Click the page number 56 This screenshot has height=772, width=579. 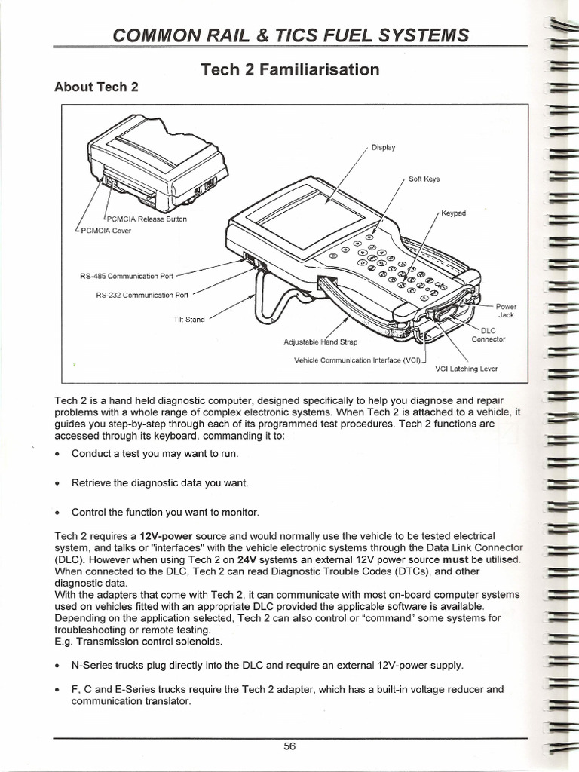(289, 746)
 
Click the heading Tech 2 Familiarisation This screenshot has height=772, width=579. (290, 69)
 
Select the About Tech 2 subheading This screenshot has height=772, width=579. (96, 86)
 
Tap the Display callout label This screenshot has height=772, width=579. (384, 148)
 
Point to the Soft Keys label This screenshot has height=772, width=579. (424, 179)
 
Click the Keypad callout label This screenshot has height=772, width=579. (453, 213)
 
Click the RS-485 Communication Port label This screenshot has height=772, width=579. (127, 276)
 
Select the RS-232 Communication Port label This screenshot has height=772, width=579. (142, 295)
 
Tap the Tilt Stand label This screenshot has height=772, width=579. (188, 319)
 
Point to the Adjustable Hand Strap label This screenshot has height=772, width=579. (311, 342)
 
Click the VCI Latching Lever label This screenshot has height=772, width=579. (467, 369)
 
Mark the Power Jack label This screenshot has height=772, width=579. (506, 311)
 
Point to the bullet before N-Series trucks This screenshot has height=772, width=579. (58, 666)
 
